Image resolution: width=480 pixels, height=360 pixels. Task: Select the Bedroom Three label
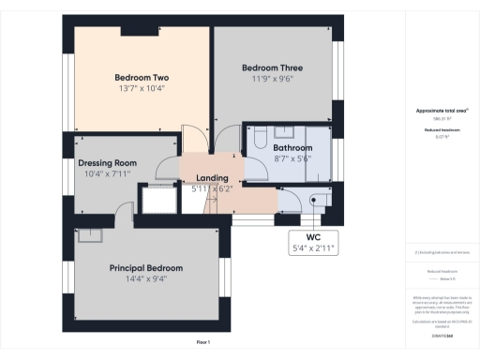(272, 67)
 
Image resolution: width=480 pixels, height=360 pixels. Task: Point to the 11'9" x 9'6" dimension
(272, 79)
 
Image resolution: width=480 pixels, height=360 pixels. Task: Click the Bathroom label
(292, 148)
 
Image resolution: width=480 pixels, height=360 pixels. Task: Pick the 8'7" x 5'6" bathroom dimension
(292, 159)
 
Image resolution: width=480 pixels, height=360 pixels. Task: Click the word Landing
(215, 178)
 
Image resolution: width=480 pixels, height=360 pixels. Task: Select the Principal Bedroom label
(145, 268)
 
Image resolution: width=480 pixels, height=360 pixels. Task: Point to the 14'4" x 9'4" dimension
(145, 279)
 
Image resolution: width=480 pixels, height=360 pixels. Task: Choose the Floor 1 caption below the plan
(202, 343)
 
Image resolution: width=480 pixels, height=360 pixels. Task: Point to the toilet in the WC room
(319, 200)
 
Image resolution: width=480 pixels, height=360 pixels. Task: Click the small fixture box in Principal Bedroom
(91, 235)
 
